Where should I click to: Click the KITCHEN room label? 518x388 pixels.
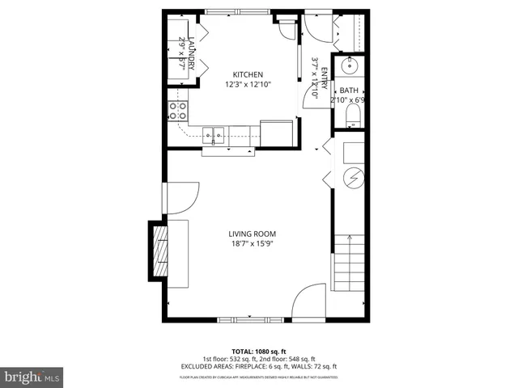click(x=248, y=74)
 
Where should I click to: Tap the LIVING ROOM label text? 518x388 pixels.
click(x=253, y=234)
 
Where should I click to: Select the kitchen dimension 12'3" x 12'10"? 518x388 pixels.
click(x=248, y=84)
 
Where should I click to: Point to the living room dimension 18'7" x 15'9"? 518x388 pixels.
click(x=253, y=244)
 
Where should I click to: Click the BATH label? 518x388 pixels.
click(x=349, y=91)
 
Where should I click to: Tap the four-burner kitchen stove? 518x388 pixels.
click(x=177, y=110)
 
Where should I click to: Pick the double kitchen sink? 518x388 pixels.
click(x=214, y=133)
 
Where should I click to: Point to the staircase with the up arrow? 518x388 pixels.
click(x=350, y=265)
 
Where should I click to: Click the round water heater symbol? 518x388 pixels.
click(x=352, y=178)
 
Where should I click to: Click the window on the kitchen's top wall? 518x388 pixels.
click(x=238, y=12)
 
